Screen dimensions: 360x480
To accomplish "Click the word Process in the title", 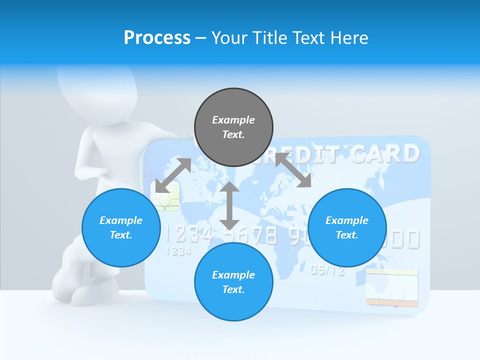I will pos(157,38).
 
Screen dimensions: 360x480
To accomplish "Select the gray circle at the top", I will pos(233,127).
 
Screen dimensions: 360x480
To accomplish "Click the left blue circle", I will pos(121,227).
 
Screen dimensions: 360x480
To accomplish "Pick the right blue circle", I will pos(347,227).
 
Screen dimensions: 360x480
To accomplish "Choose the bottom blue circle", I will pos(233,282).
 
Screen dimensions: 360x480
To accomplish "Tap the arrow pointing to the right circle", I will pos(293,170).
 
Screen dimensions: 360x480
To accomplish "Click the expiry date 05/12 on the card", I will pos(327,270).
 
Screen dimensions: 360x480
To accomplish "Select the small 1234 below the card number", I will pos(178,251).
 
